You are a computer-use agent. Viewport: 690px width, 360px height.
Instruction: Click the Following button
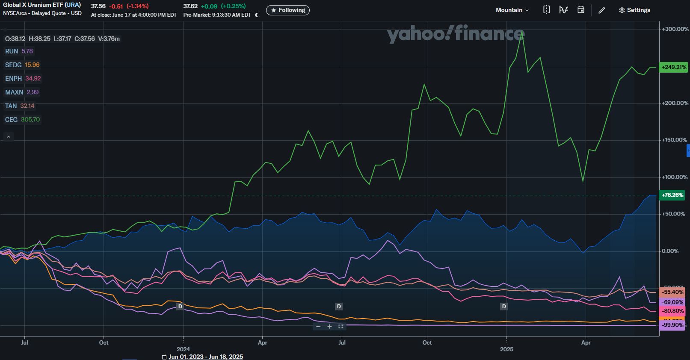tap(287, 10)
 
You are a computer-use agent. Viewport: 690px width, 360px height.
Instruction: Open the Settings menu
tap(634, 10)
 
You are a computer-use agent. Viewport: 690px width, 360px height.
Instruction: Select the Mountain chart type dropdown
tap(512, 10)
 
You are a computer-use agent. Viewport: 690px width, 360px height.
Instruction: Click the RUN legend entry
tap(19, 51)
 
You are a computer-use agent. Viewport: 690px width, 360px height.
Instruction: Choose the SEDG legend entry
tap(22, 65)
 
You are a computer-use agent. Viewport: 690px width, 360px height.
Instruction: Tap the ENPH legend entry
tap(23, 79)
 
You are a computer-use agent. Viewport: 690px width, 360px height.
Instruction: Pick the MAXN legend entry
tap(21, 92)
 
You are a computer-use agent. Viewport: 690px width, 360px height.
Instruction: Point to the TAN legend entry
tap(19, 106)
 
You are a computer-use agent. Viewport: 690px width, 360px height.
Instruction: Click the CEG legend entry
tap(22, 120)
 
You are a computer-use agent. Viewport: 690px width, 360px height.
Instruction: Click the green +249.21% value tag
tap(673, 67)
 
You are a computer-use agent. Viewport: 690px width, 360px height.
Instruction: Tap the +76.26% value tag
tap(672, 195)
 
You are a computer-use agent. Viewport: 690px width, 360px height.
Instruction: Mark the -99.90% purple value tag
tap(672, 325)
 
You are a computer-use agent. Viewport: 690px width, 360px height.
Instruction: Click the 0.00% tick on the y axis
tap(670, 251)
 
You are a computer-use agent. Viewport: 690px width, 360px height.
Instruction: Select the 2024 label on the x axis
tap(183, 349)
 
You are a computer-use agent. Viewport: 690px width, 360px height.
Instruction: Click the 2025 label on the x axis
tap(506, 349)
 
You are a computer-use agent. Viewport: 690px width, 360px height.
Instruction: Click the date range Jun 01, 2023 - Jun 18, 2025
tap(205, 357)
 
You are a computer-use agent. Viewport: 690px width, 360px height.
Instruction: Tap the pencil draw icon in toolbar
tap(601, 10)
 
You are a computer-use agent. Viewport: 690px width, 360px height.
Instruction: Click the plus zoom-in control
tap(329, 327)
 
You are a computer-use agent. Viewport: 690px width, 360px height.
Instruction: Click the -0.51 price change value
tap(116, 6)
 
